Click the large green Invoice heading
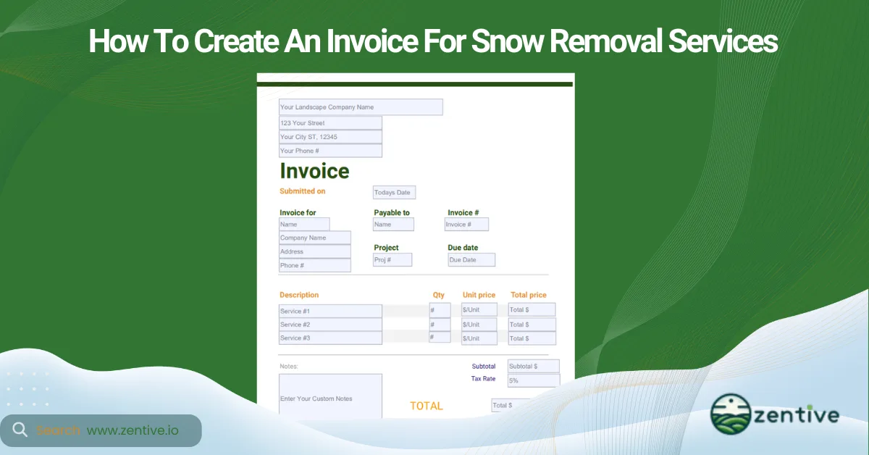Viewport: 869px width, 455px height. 314,172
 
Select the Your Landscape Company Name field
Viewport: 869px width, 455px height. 361,107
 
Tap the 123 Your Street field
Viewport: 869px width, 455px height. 330,123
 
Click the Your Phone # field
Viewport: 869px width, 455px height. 330,151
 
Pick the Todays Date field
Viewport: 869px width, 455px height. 394,193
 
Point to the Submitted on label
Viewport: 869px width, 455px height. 303,191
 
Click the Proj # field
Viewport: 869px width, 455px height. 392,259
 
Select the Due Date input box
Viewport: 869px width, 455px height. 471,259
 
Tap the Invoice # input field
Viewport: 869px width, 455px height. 466,225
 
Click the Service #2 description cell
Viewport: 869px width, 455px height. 330,325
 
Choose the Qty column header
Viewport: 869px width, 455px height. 439,295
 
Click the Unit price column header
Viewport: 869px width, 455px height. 479,295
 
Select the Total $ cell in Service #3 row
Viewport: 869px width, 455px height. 532,338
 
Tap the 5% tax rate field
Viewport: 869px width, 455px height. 533,380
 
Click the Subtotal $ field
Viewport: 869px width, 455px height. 533,366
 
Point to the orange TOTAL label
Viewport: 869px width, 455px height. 426,406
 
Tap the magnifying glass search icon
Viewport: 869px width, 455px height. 20,430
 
